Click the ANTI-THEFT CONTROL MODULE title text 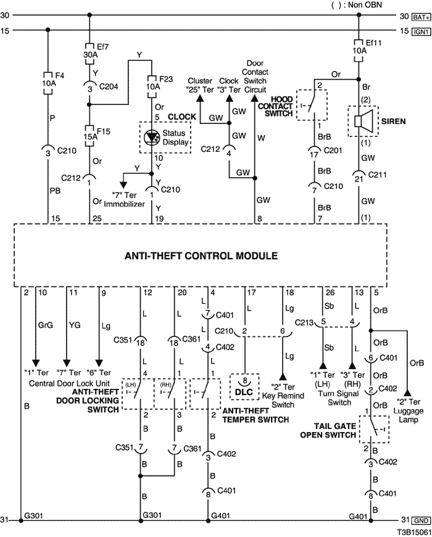(201, 256)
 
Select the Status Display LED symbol (151, 137)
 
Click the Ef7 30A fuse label (97, 51)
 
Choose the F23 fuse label (166, 79)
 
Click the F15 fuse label (104, 131)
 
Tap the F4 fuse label (60, 75)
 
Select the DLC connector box (244, 387)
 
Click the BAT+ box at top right (421, 17)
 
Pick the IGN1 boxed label (421, 32)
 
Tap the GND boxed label (421, 520)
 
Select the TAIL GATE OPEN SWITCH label (328, 430)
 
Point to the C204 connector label (109, 86)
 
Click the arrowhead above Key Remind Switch (283, 377)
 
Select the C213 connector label (304, 322)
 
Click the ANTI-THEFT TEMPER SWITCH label (255, 415)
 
